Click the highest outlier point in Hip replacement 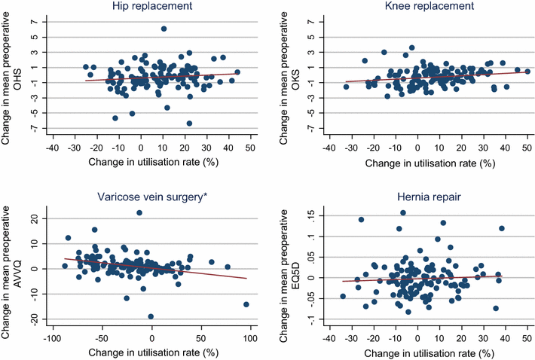(164, 29)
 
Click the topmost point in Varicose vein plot (139, 213)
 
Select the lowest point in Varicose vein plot (151, 316)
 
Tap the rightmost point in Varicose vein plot (246, 304)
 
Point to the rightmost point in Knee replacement (527, 72)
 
